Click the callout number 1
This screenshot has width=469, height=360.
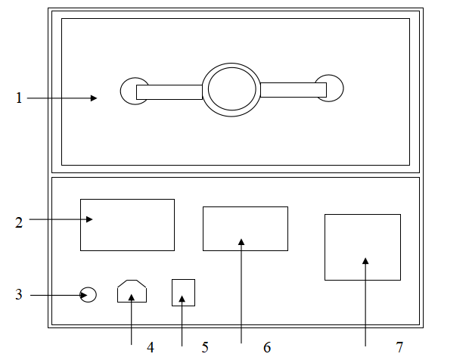click(x=19, y=98)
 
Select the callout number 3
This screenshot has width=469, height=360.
click(x=19, y=294)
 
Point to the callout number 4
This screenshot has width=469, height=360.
click(x=151, y=347)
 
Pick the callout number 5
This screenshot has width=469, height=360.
click(x=205, y=347)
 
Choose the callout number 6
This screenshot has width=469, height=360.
click(x=266, y=347)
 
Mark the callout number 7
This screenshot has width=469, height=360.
click(x=399, y=347)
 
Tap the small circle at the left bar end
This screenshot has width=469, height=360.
click(x=129, y=91)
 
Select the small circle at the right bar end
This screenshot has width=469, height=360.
click(x=335, y=88)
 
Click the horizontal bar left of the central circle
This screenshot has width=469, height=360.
click(x=169, y=92)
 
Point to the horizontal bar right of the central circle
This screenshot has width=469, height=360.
click(x=293, y=90)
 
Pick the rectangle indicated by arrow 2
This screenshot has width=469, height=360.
click(x=127, y=225)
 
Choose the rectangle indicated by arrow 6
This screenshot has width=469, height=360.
click(x=245, y=228)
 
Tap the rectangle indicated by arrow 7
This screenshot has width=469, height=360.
click(x=362, y=247)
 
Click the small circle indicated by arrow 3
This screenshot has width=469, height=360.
click(x=89, y=295)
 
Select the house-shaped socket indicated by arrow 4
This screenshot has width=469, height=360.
click(x=132, y=292)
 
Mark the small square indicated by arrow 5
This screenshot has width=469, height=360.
click(x=184, y=292)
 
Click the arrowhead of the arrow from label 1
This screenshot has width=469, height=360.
click(x=94, y=98)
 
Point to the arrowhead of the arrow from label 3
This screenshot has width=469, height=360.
click(x=78, y=295)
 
